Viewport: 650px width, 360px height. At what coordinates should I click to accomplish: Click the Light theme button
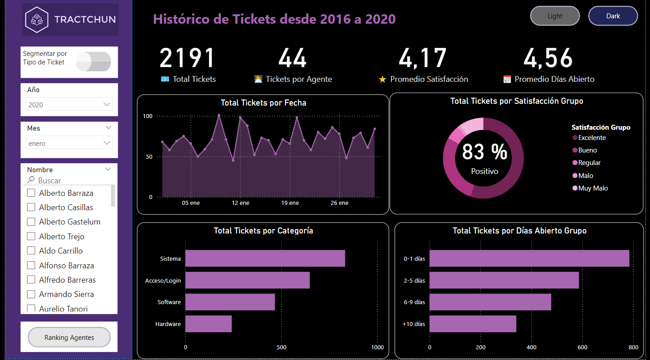tap(555, 16)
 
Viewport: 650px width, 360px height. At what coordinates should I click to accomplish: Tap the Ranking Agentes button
tap(69, 337)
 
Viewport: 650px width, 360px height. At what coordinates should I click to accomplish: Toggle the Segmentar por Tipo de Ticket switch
tap(93, 62)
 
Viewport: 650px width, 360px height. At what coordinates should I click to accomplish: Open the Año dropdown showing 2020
tap(69, 105)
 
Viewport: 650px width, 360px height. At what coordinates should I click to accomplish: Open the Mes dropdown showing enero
tap(69, 144)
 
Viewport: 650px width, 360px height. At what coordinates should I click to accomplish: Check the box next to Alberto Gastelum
tap(31, 222)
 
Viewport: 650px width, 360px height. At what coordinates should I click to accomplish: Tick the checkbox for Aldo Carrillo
tap(31, 251)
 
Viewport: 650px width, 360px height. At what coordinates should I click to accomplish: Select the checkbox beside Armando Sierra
tap(31, 294)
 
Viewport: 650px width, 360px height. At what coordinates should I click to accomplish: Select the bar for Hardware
tap(208, 324)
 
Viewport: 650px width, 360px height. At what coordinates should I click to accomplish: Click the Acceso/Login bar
tap(247, 280)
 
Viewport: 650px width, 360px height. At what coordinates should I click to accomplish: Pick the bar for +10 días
tap(473, 324)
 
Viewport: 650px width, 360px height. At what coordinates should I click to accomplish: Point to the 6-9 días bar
tap(490, 302)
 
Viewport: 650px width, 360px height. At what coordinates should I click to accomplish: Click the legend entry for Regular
tap(589, 163)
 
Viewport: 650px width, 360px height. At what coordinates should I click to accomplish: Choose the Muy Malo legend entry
tap(593, 188)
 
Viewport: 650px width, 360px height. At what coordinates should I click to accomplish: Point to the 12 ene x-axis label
tap(241, 203)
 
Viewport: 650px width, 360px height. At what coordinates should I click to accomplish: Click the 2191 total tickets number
tap(187, 58)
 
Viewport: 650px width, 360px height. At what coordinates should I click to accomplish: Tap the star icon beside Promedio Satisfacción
tap(382, 80)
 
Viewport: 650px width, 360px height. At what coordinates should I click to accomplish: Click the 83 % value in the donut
tap(484, 152)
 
